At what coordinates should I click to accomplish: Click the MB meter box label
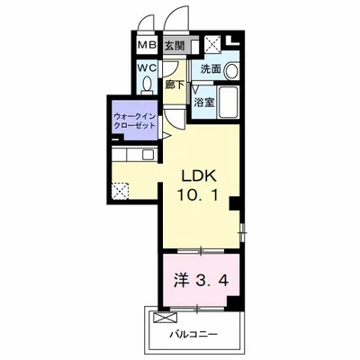(x=148, y=45)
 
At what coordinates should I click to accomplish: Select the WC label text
(x=147, y=68)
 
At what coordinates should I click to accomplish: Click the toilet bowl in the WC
(x=147, y=84)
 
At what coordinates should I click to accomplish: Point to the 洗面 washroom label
(x=211, y=69)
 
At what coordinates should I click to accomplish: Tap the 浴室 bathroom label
(x=204, y=102)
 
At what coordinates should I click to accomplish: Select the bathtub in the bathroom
(x=229, y=102)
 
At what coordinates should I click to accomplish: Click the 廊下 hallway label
(x=175, y=85)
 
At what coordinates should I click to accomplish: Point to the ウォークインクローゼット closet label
(x=135, y=121)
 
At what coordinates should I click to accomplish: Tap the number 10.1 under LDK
(x=198, y=195)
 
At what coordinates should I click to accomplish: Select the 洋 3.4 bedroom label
(x=202, y=281)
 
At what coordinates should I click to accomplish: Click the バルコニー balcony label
(x=193, y=334)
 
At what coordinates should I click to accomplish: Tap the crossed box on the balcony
(x=165, y=317)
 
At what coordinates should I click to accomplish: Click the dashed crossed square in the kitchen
(x=120, y=191)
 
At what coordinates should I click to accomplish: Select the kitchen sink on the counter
(x=148, y=155)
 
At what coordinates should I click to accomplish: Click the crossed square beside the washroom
(x=212, y=44)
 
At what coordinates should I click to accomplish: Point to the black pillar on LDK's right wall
(x=235, y=203)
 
